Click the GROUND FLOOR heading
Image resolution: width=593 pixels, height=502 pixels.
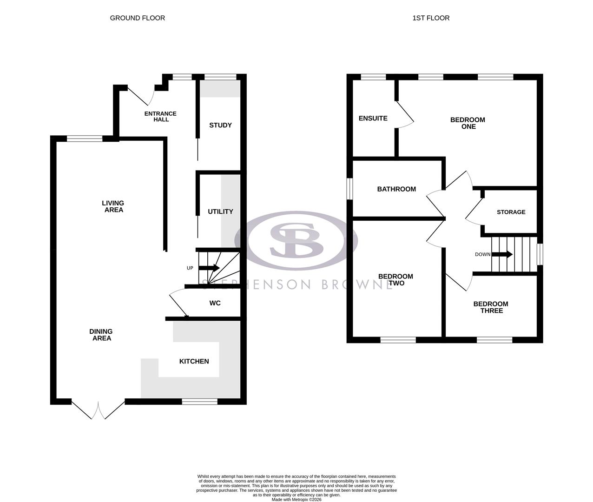pyautogui.click(x=137, y=18)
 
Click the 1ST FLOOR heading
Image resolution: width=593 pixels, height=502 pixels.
pyautogui.click(x=431, y=18)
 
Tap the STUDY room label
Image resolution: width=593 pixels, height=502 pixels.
pyautogui.click(x=220, y=125)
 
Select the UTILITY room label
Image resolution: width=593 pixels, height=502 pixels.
pyautogui.click(x=220, y=211)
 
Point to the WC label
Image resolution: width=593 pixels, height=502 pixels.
pyautogui.click(x=215, y=303)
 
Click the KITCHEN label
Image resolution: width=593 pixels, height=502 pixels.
pyautogui.click(x=194, y=361)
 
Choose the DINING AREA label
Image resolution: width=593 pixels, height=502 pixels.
pyautogui.click(x=101, y=335)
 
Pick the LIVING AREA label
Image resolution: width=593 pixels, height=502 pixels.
pyautogui.click(x=113, y=206)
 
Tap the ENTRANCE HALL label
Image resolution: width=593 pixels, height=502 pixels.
pyautogui.click(x=160, y=116)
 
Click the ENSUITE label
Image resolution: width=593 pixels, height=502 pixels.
pyautogui.click(x=373, y=118)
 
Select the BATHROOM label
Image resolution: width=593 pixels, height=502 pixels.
pyautogui.click(x=396, y=189)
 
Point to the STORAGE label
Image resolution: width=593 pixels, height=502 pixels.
pyautogui.click(x=511, y=212)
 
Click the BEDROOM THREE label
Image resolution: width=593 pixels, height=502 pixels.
pyautogui.click(x=491, y=307)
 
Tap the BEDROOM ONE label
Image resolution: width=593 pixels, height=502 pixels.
pyautogui.click(x=468, y=123)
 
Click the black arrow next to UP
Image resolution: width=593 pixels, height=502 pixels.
pyautogui.click(x=209, y=268)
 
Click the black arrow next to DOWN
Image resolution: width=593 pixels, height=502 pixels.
pyautogui.click(x=502, y=254)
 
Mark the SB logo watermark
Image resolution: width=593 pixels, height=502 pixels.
pyautogui.click(x=296, y=241)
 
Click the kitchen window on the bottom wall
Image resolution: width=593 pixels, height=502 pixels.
pyautogui.click(x=199, y=402)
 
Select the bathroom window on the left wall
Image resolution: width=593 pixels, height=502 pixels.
pyautogui.click(x=350, y=189)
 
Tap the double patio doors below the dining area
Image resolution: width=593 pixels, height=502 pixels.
pyautogui.click(x=99, y=409)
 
